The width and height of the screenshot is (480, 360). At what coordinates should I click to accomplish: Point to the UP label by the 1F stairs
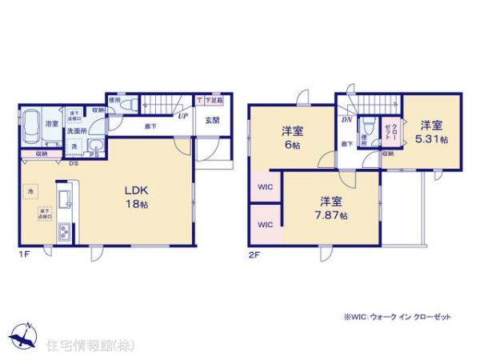pos(183,116)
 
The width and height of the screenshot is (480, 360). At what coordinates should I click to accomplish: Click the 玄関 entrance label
pos(212,121)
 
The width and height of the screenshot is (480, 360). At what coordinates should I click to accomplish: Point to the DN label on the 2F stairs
pos(347,119)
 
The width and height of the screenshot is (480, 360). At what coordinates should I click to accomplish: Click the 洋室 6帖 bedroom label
pos(291,137)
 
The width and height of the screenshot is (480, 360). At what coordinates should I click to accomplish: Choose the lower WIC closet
pos(265,225)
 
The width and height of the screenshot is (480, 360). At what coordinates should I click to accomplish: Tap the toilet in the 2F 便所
pos(367,126)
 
